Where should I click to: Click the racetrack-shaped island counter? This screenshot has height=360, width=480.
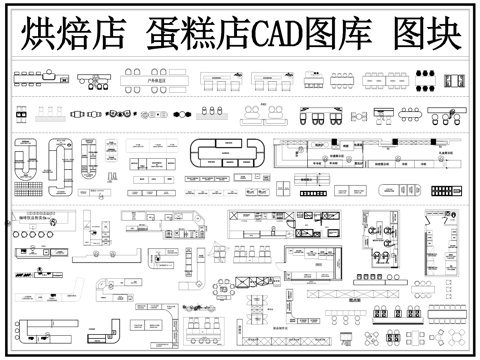pyautogui.click(x=229, y=153)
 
